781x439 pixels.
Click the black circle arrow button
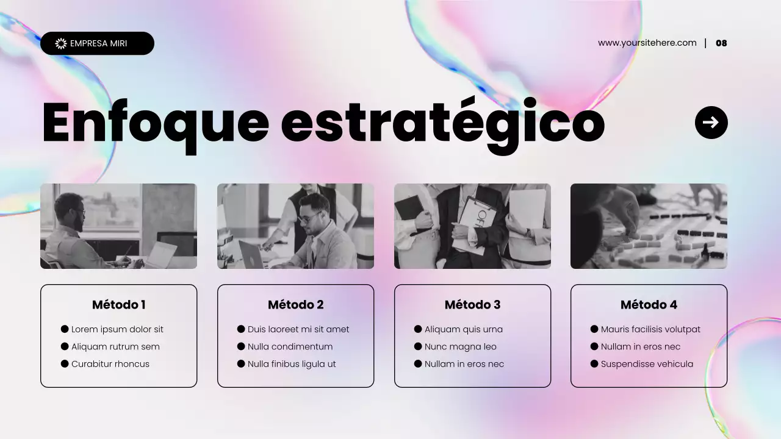tap(711, 123)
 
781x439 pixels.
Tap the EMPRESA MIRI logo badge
tap(97, 43)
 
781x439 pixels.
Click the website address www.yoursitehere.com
tap(647, 43)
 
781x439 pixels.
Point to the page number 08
tap(721, 43)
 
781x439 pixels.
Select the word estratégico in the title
tap(442, 123)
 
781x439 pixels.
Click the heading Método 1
tap(119, 305)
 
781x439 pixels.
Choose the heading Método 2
tap(296, 305)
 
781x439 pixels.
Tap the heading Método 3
tap(472, 305)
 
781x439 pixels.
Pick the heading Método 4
tap(649, 305)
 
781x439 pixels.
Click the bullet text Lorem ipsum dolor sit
tap(117, 329)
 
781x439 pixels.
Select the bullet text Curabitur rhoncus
tap(110, 364)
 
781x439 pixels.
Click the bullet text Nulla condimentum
tap(290, 347)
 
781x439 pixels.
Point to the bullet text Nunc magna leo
tap(461, 347)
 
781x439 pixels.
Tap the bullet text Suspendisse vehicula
tap(647, 364)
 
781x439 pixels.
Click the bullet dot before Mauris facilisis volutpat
tap(594, 329)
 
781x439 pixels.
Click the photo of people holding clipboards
tap(472, 226)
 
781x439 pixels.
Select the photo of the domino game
tap(649, 226)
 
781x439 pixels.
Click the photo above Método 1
tap(118, 226)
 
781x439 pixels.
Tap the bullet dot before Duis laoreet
tap(241, 329)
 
